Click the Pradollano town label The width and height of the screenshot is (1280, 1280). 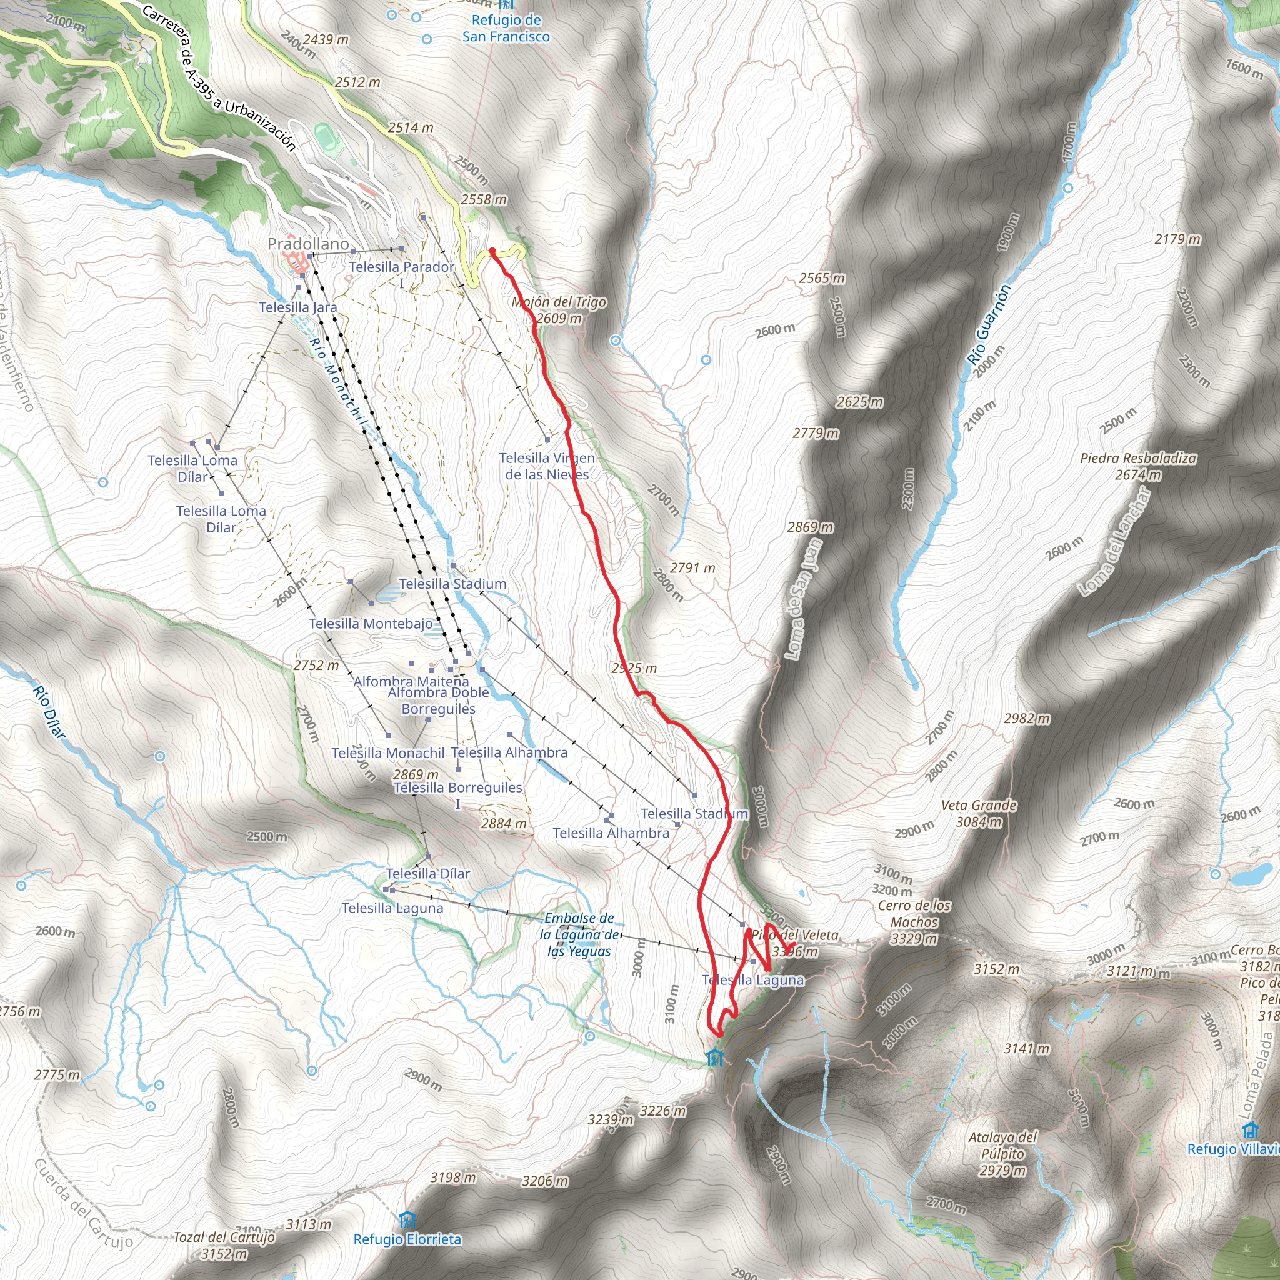(x=308, y=244)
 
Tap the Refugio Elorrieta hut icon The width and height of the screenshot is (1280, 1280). (x=407, y=1220)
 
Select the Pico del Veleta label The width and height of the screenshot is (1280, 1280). (x=795, y=935)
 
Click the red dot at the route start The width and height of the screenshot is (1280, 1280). (x=492, y=251)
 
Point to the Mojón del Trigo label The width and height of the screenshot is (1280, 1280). (x=559, y=302)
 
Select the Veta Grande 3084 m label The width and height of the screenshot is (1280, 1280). (x=979, y=813)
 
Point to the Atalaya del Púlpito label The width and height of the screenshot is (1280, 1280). (x=1002, y=1154)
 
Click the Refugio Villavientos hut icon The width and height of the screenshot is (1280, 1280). (x=1251, y=1129)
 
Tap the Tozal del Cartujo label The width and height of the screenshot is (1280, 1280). (x=224, y=1237)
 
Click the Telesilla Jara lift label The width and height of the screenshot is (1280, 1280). (x=298, y=307)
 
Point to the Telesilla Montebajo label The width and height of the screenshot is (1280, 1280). (x=371, y=623)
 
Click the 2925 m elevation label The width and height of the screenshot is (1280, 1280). (x=634, y=668)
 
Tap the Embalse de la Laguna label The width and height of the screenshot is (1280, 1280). (x=579, y=934)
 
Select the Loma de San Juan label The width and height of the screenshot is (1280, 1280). (x=804, y=599)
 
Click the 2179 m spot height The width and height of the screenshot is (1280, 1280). (x=1177, y=239)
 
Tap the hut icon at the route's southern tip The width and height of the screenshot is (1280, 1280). (x=714, y=1058)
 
